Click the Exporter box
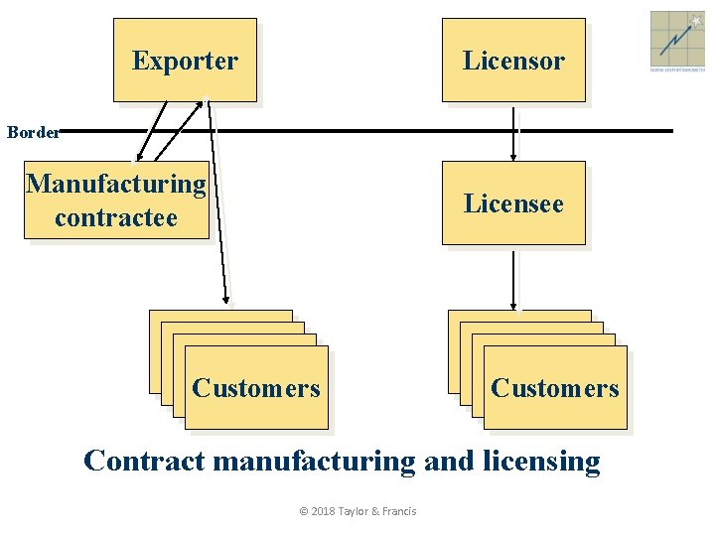click(185, 61)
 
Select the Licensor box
click(513, 61)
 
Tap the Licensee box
click(513, 203)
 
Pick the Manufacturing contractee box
click(116, 200)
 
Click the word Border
click(32, 130)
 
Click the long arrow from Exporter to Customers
click(217, 199)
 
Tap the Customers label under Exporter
click(256, 388)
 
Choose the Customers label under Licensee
click(554, 388)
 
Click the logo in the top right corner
click(677, 40)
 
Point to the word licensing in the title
click(541, 462)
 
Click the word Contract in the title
click(145, 462)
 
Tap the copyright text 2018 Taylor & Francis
click(357, 511)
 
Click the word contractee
click(116, 216)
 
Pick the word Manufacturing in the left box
click(116, 184)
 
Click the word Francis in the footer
click(397, 511)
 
